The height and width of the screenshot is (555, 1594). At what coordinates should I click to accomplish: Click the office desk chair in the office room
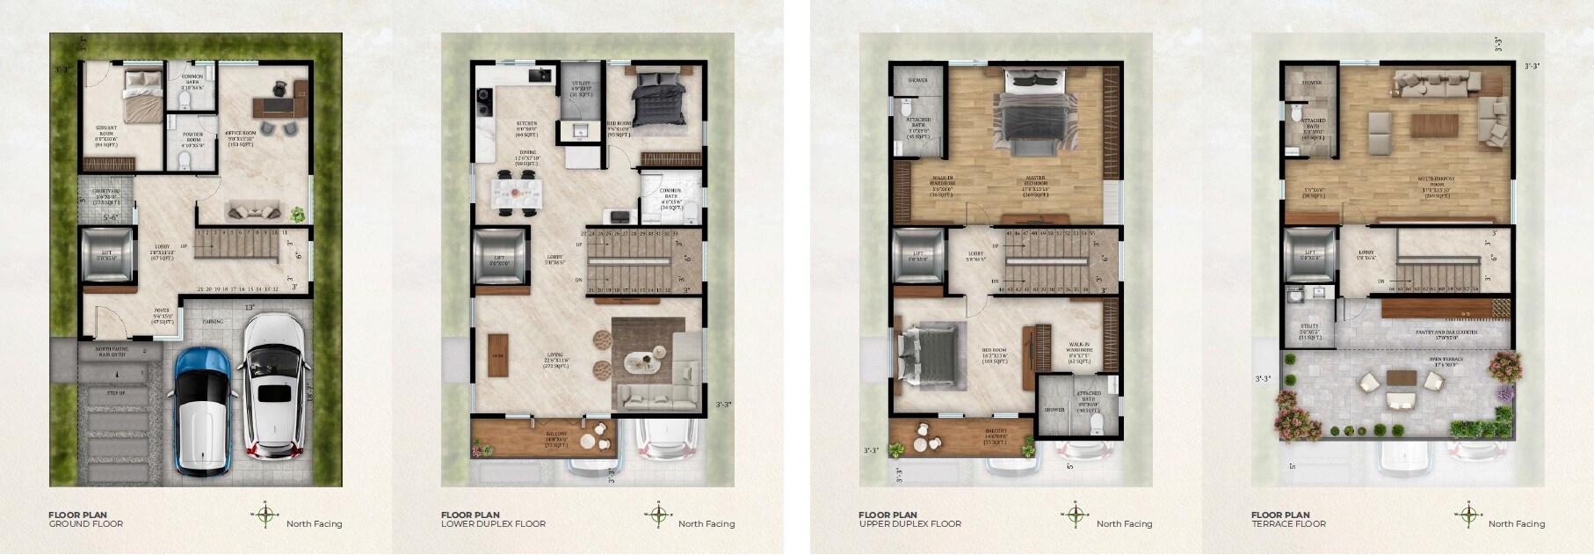pyautogui.click(x=279, y=88)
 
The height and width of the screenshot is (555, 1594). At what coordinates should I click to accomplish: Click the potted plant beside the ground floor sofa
pyautogui.click(x=298, y=213)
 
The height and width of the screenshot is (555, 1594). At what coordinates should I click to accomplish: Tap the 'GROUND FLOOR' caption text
pyautogui.click(x=86, y=524)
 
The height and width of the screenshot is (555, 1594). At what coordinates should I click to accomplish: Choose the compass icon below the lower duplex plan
pyautogui.click(x=658, y=515)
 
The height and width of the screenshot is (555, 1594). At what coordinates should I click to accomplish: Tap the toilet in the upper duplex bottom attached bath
pyautogui.click(x=1095, y=426)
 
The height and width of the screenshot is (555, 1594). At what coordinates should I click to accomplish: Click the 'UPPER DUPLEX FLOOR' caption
pyautogui.click(x=910, y=524)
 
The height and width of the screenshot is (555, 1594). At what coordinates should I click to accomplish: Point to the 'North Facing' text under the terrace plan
pyautogui.click(x=1517, y=524)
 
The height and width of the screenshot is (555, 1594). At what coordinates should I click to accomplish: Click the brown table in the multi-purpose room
pyautogui.click(x=1434, y=124)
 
